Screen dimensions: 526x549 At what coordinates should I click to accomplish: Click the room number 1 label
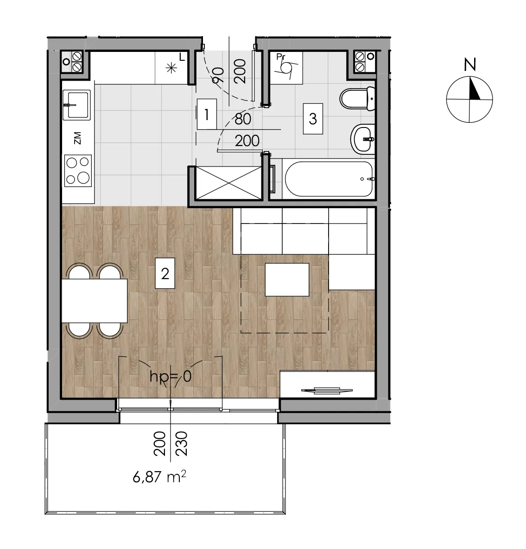[207, 115]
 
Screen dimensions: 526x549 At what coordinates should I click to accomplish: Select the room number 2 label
[165, 274]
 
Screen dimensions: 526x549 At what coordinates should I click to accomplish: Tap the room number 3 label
[313, 119]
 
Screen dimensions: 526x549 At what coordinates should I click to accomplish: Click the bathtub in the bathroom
[329, 179]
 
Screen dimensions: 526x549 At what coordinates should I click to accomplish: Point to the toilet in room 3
[357, 98]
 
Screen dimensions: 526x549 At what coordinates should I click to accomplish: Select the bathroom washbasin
[363, 139]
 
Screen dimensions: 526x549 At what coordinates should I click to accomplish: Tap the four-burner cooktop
[78, 171]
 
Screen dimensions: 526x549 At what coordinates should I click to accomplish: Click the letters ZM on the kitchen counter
[78, 138]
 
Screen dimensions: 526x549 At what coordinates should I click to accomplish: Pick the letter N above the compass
[470, 65]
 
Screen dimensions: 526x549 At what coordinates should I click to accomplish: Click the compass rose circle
[469, 99]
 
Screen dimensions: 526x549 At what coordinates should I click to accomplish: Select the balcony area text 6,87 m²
[159, 477]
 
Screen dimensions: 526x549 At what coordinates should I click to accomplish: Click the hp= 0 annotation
[171, 377]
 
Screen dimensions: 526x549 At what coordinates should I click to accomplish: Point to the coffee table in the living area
[287, 280]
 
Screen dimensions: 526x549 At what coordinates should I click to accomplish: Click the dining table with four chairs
[95, 301]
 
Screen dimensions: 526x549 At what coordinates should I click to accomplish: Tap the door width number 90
[218, 75]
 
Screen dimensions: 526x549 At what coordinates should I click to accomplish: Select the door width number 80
[243, 119]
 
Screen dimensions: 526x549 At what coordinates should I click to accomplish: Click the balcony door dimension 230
[182, 444]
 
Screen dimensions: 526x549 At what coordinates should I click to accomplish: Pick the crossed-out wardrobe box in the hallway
[229, 183]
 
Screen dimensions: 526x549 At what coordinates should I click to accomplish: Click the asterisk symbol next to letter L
[171, 68]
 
